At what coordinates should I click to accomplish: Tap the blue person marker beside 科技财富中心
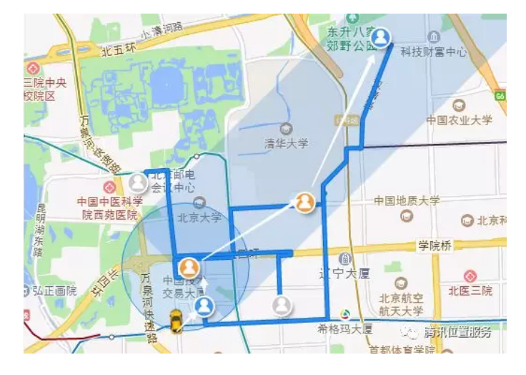click(382, 37)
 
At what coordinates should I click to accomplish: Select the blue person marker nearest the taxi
click(205, 307)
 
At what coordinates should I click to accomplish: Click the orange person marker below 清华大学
click(305, 203)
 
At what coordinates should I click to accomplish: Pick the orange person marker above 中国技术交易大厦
click(189, 267)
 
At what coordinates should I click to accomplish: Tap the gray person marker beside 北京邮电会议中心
click(137, 182)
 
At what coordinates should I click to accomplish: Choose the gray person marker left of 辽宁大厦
click(282, 306)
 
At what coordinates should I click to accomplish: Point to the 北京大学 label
click(199, 218)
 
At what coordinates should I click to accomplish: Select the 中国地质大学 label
click(407, 201)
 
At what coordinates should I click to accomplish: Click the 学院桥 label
click(435, 246)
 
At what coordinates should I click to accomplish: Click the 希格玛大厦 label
click(345, 328)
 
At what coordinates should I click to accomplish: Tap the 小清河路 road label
click(162, 30)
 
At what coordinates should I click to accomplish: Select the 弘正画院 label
click(54, 291)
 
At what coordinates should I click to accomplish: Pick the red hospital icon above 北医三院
click(470, 276)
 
